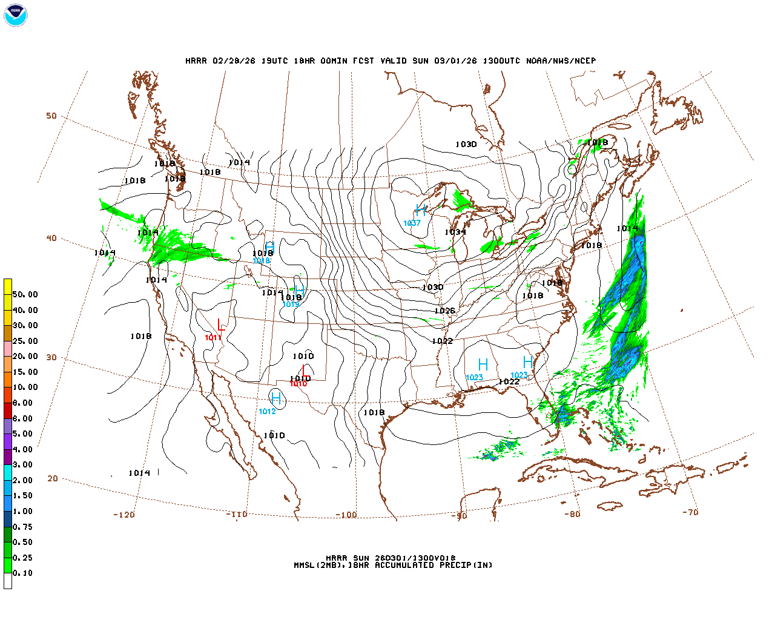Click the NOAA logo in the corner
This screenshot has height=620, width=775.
[15, 15]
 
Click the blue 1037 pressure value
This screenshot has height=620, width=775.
[412, 223]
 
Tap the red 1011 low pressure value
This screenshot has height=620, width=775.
[213, 337]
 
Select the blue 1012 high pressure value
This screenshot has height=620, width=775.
[267, 412]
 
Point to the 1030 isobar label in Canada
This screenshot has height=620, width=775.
[466, 144]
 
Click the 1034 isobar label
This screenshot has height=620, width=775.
[455, 232]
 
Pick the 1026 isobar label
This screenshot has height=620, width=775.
[444, 311]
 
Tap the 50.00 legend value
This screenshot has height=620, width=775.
[25, 295]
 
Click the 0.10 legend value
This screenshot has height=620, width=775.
[23, 573]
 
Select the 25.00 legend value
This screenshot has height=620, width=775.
[25, 341]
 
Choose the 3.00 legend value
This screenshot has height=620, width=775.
[23, 465]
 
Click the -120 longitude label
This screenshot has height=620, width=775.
[124, 515]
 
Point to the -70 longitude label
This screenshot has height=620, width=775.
[690, 512]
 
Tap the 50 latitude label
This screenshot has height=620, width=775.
[51, 116]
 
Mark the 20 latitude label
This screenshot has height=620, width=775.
[53, 478]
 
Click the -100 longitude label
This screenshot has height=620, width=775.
[346, 515]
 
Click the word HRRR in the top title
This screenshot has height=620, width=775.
[196, 61]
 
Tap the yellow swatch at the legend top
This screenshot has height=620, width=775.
[8, 286]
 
